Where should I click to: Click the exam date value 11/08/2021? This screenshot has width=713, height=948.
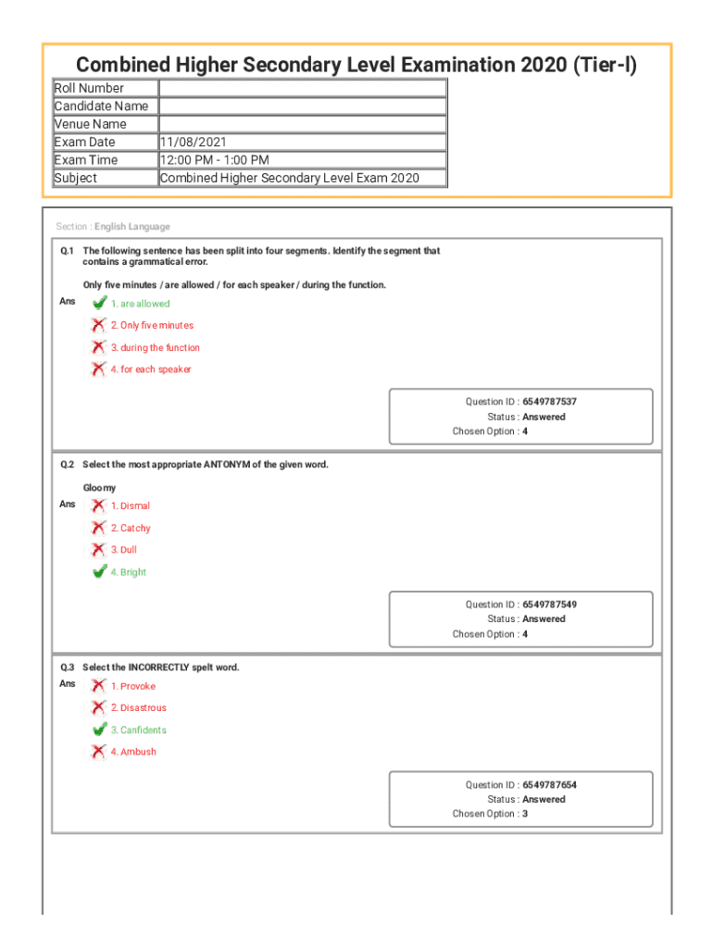point(193,143)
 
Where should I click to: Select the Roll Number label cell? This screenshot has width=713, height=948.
point(89,88)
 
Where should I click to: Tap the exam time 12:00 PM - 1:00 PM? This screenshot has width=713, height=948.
point(214,160)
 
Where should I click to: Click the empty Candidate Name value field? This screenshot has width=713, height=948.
point(302,106)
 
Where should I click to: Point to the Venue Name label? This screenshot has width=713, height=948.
point(91,124)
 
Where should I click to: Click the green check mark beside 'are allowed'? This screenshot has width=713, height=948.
point(98,303)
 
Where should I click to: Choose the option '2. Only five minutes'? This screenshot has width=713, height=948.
point(152,326)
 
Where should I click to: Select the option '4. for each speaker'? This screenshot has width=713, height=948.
point(151,369)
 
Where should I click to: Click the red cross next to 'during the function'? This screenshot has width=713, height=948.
point(98,347)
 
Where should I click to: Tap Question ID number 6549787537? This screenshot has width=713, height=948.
point(549,402)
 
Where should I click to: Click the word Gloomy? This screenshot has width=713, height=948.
point(100,488)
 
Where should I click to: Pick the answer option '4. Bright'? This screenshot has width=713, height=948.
point(129,572)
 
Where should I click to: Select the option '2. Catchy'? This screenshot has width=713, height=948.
point(131,529)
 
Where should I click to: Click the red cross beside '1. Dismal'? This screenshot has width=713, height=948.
point(98,505)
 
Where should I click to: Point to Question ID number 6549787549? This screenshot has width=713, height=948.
point(549,605)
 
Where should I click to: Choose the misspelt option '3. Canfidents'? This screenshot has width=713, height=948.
point(139,730)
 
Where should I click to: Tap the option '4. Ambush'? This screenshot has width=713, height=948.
point(133,752)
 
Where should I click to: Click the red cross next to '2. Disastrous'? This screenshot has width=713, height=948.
point(98,708)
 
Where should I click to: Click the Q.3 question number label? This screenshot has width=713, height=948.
point(68,667)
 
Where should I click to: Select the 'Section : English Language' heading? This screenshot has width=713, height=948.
point(113,227)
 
